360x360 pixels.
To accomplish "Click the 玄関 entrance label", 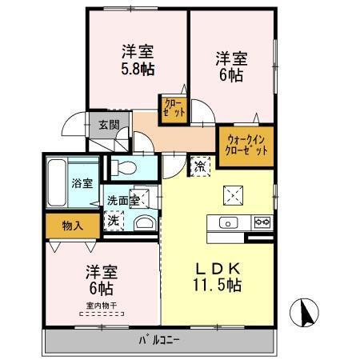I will click(x=109, y=125).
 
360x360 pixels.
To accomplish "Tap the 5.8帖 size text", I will click(x=138, y=70).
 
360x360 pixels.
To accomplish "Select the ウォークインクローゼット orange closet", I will click(x=245, y=146).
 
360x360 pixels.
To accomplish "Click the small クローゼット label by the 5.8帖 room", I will click(x=174, y=107).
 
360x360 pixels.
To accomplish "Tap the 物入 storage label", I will click(x=73, y=226).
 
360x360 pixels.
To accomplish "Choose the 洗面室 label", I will click(x=123, y=200).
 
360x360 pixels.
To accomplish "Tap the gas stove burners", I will click(x=262, y=222).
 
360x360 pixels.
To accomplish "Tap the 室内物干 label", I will click(x=103, y=305).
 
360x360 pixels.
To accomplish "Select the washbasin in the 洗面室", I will click(x=146, y=222).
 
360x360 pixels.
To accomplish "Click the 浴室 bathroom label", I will click(x=82, y=182).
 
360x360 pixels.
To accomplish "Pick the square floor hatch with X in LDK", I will click(x=234, y=194).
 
